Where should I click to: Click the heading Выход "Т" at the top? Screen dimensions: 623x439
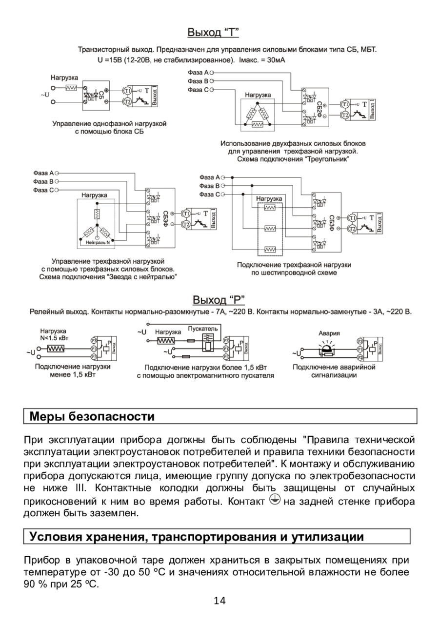point(213,33)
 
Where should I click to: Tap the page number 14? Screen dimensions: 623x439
point(219,601)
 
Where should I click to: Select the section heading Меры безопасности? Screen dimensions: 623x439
point(92,417)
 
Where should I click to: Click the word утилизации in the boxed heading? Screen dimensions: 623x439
point(328,537)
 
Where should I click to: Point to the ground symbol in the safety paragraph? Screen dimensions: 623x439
point(275,501)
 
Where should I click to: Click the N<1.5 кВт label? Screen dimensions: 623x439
point(54,337)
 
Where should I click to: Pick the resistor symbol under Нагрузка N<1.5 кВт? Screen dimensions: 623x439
point(56,349)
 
